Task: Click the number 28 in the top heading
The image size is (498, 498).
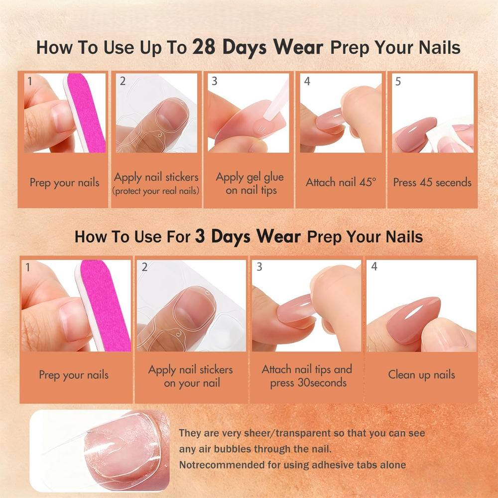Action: [x=204, y=47]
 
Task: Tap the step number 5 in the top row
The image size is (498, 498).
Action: [x=398, y=81]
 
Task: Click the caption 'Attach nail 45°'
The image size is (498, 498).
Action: [x=341, y=182]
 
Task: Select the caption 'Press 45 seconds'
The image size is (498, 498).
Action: [x=432, y=182]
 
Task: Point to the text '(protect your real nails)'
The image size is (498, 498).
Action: [x=156, y=191]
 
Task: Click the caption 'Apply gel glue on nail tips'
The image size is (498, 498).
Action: [x=250, y=184]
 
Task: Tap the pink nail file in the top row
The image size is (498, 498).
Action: [x=85, y=113]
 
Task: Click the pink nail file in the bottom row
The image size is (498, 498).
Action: [x=103, y=305]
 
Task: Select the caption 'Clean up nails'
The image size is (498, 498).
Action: [x=421, y=375]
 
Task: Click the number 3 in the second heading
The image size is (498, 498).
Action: [x=200, y=236]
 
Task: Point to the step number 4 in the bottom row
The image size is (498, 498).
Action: [x=374, y=266]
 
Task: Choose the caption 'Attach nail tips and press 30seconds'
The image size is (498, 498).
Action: [x=307, y=376]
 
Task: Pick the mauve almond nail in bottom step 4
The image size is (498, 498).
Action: [x=413, y=320]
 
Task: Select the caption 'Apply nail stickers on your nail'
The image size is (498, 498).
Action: [x=191, y=376]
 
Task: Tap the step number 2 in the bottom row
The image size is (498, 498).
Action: [x=144, y=267]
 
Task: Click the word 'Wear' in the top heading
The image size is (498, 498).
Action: [x=298, y=47]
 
